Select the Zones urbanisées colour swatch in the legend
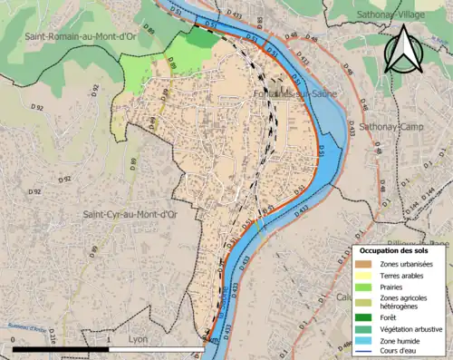pyautogui.click(x=364, y=263)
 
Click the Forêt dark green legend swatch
pyautogui.click(x=364, y=316)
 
